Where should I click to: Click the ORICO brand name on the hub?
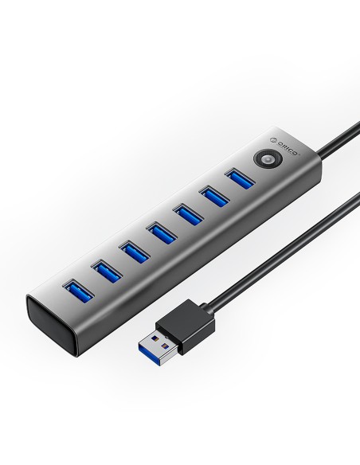click(x=287, y=147)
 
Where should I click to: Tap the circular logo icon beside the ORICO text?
click(x=273, y=139)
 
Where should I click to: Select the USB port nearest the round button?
click(x=241, y=178)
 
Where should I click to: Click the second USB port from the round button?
click(x=214, y=196)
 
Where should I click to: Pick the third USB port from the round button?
click(x=188, y=214)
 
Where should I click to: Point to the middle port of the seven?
click(x=162, y=232)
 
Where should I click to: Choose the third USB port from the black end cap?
click(x=135, y=252)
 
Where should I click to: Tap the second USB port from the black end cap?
click(x=107, y=271)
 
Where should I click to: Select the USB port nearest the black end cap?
click(x=78, y=291)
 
